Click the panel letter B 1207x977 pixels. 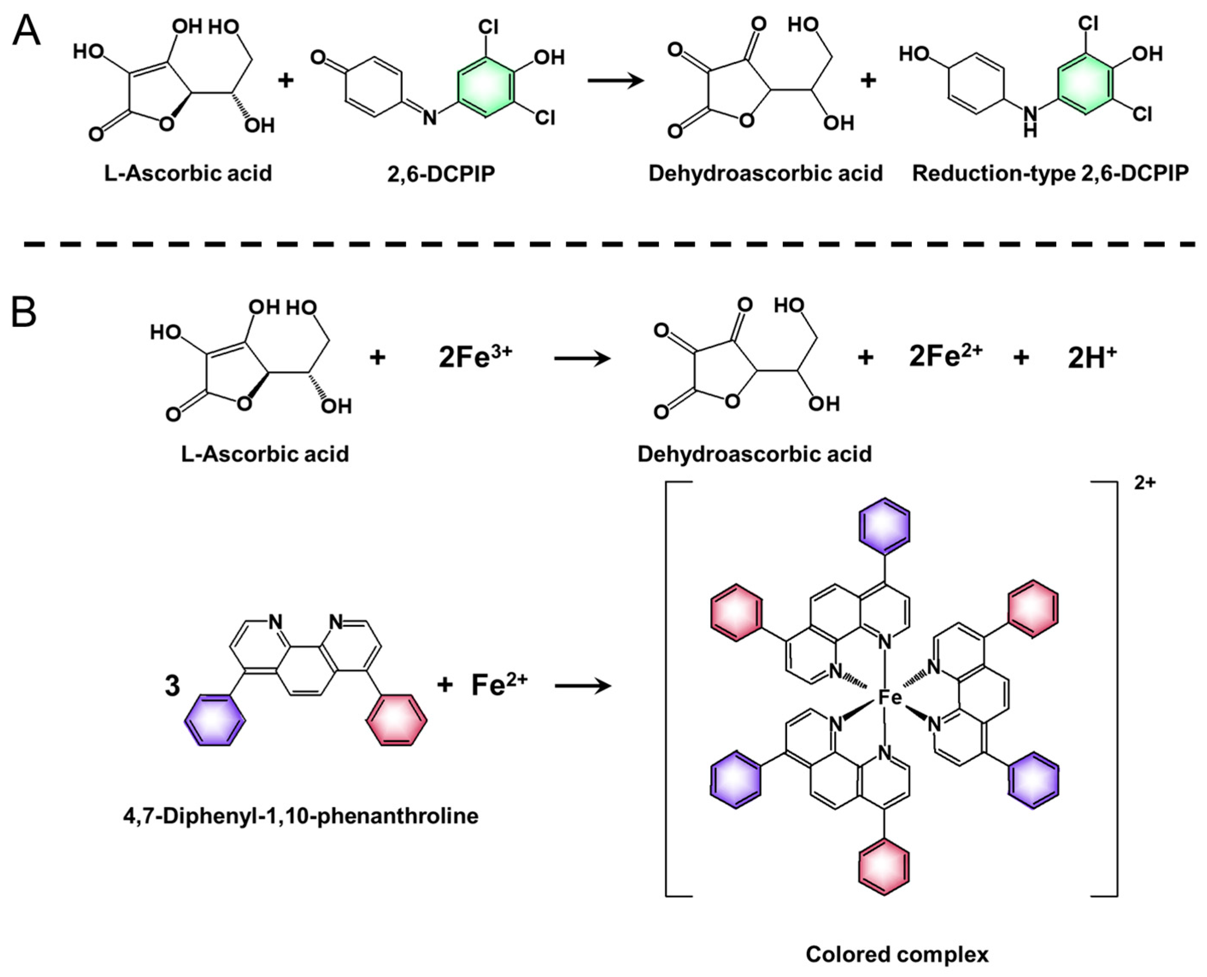click(x=23, y=313)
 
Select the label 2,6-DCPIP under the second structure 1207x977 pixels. click(x=440, y=174)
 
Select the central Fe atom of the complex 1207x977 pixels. click(x=890, y=698)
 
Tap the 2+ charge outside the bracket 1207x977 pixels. click(x=1145, y=483)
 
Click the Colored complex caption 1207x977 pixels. click(x=897, y=954)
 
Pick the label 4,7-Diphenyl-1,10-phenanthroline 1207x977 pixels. click(x=301, y=816)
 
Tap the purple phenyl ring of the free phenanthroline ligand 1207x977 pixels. click(x=216, y=720)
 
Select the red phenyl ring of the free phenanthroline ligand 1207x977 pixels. click(x=396, y=720)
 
